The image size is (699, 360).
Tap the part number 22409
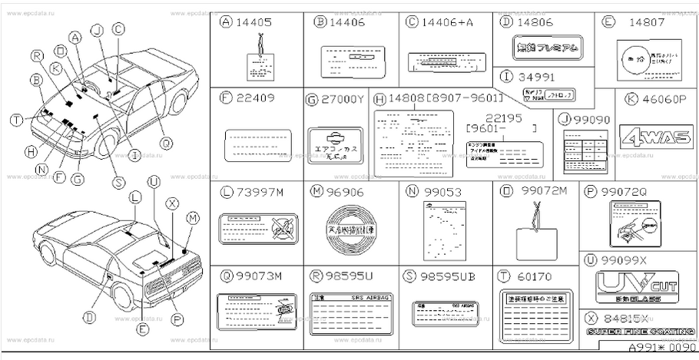(254, 98)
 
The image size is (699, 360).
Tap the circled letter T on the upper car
(16, 118)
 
